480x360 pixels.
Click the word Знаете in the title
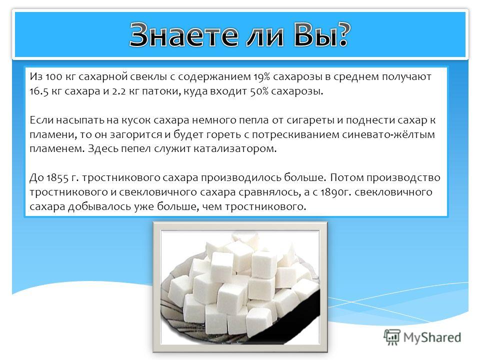coord(183,35)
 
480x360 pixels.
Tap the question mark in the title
coord(340,34)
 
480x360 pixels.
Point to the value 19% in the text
coord(261,77)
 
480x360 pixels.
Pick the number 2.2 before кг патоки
coord(119,91)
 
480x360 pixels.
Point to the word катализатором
coord(235,149)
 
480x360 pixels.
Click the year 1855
coord(57,178)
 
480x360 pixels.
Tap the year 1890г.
coord(334,192)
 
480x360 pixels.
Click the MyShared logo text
coord(432,337)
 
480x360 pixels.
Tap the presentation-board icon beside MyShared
coord(392,337)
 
